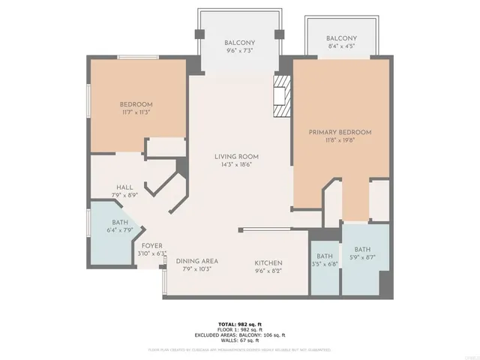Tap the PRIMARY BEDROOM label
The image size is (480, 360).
(x=340, y=132)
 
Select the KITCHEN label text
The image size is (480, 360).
(x=268, y=262)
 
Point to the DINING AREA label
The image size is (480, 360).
(x=197, y=261)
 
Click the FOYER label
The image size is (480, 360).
(x=152, y=245)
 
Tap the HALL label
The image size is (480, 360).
(x=124, y=187)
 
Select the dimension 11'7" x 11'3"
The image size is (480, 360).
(x=136, y=112)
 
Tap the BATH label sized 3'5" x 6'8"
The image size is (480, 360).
(x=325, y=256)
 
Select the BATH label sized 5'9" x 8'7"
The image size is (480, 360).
(x=362, y=250)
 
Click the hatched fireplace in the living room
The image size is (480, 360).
(x=282, y=94)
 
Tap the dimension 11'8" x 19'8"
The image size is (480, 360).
(x=340, y=140)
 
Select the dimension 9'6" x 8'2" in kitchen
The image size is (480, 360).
(x=268, y=271)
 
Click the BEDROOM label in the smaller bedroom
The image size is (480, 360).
(x=136, y=104)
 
